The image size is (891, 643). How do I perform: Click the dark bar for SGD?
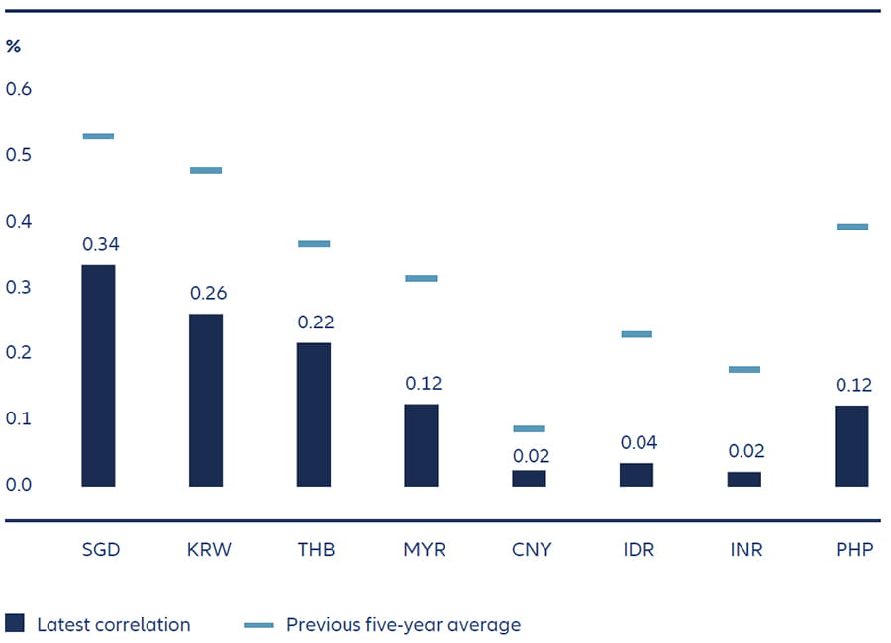[98, 376]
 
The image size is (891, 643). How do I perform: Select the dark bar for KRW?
[206, 400]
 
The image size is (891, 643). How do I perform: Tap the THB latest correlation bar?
[314, 414]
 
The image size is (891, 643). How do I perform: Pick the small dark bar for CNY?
[530, 478]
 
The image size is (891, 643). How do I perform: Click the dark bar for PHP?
[851, 445]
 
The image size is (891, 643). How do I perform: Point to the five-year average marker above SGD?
[98, 137]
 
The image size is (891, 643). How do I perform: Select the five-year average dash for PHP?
[851, 227]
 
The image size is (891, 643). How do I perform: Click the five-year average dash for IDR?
[637, 334]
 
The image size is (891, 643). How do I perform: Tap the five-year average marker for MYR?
[421, 279]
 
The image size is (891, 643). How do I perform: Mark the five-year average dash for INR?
[744, 370]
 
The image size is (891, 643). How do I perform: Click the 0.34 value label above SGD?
[98, 244]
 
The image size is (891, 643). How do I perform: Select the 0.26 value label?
[206, 294]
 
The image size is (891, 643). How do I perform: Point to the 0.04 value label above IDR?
[637, 442]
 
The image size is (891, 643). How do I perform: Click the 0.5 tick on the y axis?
[19, 155]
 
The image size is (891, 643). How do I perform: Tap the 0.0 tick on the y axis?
[19, 485]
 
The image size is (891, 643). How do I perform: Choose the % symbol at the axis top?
[13, 46]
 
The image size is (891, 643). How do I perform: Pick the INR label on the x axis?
[744, 550]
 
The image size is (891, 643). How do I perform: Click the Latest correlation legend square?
[14, 623]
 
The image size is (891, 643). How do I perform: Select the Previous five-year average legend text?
[403, 624]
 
